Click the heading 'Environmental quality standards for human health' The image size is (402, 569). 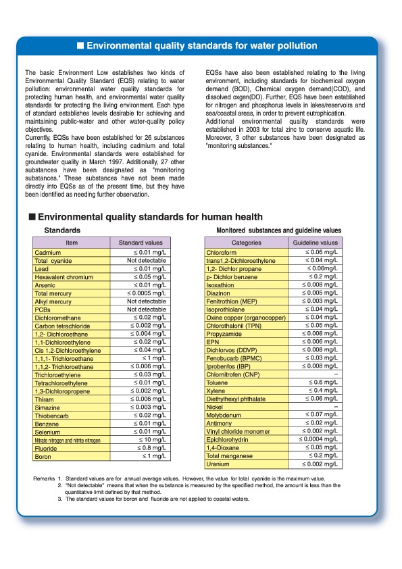pos(150,217)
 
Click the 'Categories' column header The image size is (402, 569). pos(246,243)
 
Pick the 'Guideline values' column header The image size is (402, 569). pos(315,243)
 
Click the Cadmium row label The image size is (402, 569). pos(48,253)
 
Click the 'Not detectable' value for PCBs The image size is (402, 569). pos(147,309)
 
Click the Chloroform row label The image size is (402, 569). pos(222,253)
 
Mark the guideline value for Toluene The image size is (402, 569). pos(324,382)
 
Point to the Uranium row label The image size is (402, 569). pos(218,464)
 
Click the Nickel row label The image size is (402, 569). pos(215,407)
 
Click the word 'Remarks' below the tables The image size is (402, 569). pos(44,479)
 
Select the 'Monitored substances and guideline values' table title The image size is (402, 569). pos(278,230)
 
